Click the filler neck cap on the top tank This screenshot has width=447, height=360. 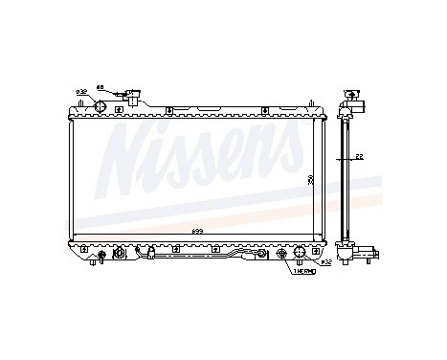pos(135,96)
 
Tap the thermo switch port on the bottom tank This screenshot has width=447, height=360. pos(281,255)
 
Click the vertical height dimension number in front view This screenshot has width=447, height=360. pos(311,178)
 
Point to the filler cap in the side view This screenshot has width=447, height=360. pos(353,97)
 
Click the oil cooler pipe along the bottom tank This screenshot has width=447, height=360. pos(201,257)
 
